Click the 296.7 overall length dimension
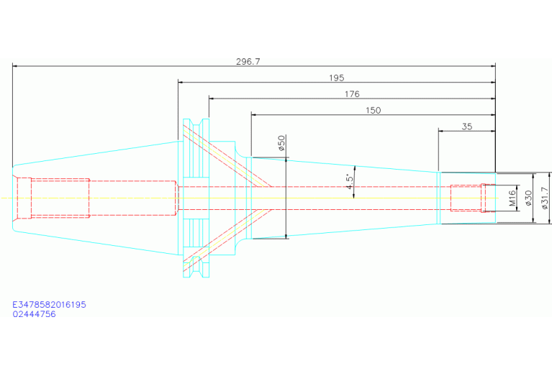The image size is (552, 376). pos(248,62)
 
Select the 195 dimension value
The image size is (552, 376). pos(336,78)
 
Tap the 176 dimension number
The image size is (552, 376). pos(351,94)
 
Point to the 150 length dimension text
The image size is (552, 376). pos(373,110)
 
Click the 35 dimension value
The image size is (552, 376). pos(466,127)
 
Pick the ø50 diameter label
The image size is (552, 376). pos(281,144)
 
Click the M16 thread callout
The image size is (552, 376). pos(512,198)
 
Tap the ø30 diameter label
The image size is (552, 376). pos(528,198)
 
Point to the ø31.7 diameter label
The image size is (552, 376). pos(544,198)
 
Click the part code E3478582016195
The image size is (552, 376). pos(49,305)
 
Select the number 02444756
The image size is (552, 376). pos(34,314)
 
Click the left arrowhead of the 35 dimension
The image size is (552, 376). pos(442,131)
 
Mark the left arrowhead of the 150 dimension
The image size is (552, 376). pos(254,114)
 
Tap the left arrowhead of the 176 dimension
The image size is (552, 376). pos(212,98)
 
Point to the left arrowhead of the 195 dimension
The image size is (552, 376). pos(181,82)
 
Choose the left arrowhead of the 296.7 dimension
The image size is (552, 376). pos(15,66)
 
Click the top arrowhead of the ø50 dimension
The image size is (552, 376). pos(286,160)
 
